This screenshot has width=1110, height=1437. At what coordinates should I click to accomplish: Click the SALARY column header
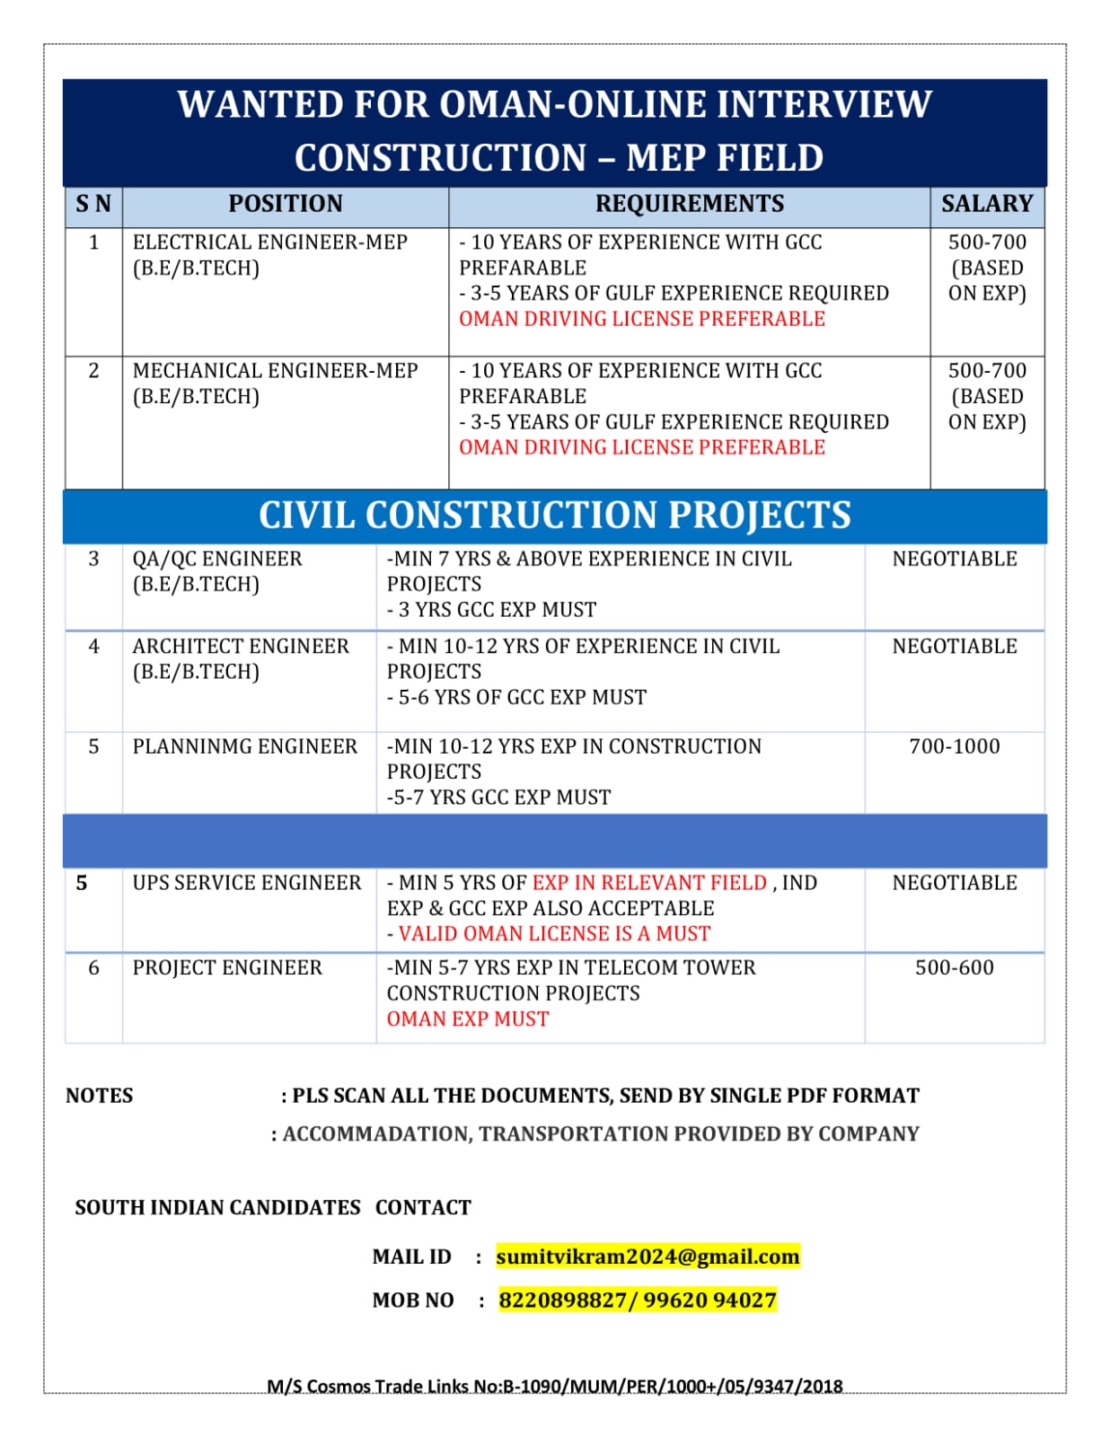point(986,204)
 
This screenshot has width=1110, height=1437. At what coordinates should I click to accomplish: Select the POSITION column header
point(285,204)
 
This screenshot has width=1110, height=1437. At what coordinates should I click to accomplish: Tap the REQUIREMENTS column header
point(689,204)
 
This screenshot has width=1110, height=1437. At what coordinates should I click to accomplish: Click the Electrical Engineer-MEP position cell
point(269,255)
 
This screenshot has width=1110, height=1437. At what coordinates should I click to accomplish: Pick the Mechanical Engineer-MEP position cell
point(275,383)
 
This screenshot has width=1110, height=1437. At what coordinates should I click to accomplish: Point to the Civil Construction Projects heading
point(554,516)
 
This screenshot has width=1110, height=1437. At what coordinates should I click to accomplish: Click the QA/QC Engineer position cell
point(217,571)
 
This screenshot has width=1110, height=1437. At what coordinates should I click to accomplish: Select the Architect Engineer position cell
point(240,658)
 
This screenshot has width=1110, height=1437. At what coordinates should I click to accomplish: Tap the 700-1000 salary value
point(954,746)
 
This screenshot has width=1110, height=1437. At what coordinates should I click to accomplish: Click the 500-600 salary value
point(954,967)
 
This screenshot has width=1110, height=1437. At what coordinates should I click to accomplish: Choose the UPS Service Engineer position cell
point(246,883)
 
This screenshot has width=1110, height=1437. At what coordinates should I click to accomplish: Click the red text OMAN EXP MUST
point(467,1019)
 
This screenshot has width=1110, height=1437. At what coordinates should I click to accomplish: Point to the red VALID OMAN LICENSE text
point(554,934)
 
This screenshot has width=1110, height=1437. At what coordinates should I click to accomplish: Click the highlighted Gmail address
point(647,1256)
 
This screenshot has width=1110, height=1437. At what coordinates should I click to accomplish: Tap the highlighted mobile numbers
point(638,1300)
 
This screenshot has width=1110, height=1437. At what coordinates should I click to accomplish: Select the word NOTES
point(99,1096)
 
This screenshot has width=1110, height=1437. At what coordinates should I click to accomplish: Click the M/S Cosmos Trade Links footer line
point(554,1386)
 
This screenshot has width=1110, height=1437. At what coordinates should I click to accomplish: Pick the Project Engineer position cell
point(227,968)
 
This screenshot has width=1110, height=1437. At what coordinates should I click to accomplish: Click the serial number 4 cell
point(93,647)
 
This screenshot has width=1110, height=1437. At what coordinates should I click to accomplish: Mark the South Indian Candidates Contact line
point(272,1207)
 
